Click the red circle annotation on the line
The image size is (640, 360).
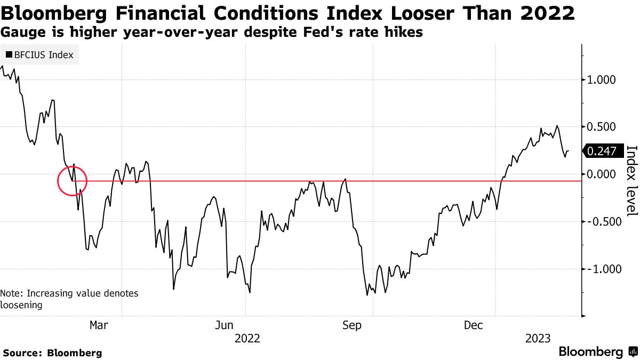click(73, 180)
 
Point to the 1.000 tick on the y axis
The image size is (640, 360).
click(602, 80)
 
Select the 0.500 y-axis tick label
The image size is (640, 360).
click(602, 127)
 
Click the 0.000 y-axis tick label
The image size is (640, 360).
click(602, 174)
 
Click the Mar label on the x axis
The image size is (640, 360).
click(99, 325)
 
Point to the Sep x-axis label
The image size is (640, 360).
click(353, 325)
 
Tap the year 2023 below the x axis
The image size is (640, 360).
click(538, 338)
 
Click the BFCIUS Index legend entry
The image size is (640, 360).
click(40, 54)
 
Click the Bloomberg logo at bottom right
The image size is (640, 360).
click(597, 352)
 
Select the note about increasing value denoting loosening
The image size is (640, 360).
click(69, 299)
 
